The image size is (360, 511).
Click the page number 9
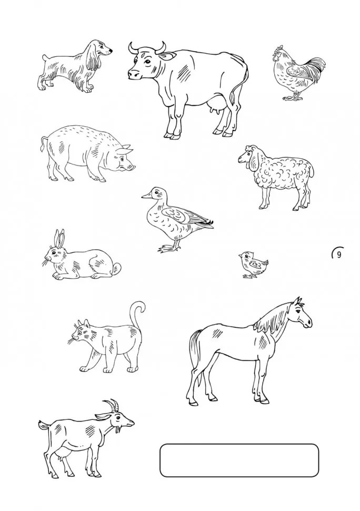pyautogui.click(x=339, y=255)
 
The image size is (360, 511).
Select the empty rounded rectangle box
pyautogui.click(x=239, y=460)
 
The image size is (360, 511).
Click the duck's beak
pyautogui.click(x=146, y=195)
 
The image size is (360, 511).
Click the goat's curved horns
pyautogui.click(x=112, y=405)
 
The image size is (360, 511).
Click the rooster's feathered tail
pyautogui.click(x=314, y=69)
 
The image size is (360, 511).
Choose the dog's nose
pyautogui.click(x=111, y=51)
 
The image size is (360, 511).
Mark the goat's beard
pyautogui.click(x=118, y=430)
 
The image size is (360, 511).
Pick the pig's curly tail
pyautogui.click(x=43, y=143)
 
